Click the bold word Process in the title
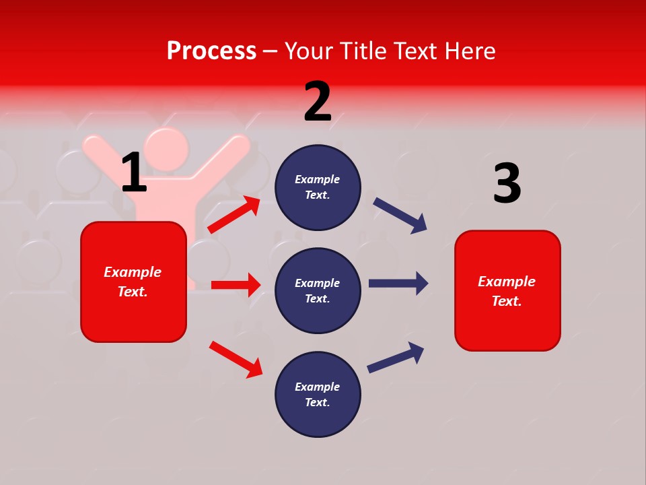211,51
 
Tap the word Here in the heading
468,51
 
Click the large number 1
134,173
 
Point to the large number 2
318,102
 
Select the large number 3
507,184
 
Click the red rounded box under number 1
133,282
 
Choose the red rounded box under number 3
507,291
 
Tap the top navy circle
318,187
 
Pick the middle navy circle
318,290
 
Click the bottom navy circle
318,394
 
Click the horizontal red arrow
236,285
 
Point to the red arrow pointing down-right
236,359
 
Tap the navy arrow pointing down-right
400,216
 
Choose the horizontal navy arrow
398,284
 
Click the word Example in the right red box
507,282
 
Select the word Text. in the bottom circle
318,402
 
